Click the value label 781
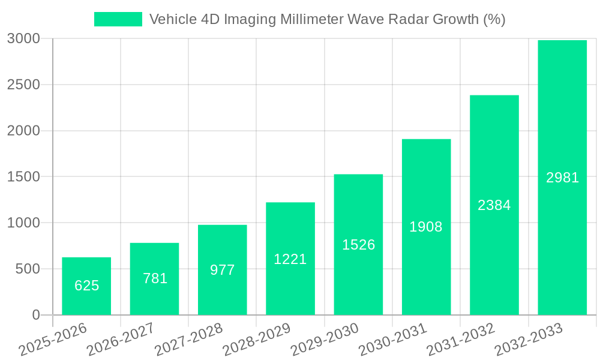155,278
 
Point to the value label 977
223,270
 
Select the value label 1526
358,245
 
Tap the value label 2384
494,205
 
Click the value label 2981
562,178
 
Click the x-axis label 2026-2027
121,340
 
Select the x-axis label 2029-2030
325,340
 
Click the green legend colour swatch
118,19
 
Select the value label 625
86,286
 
